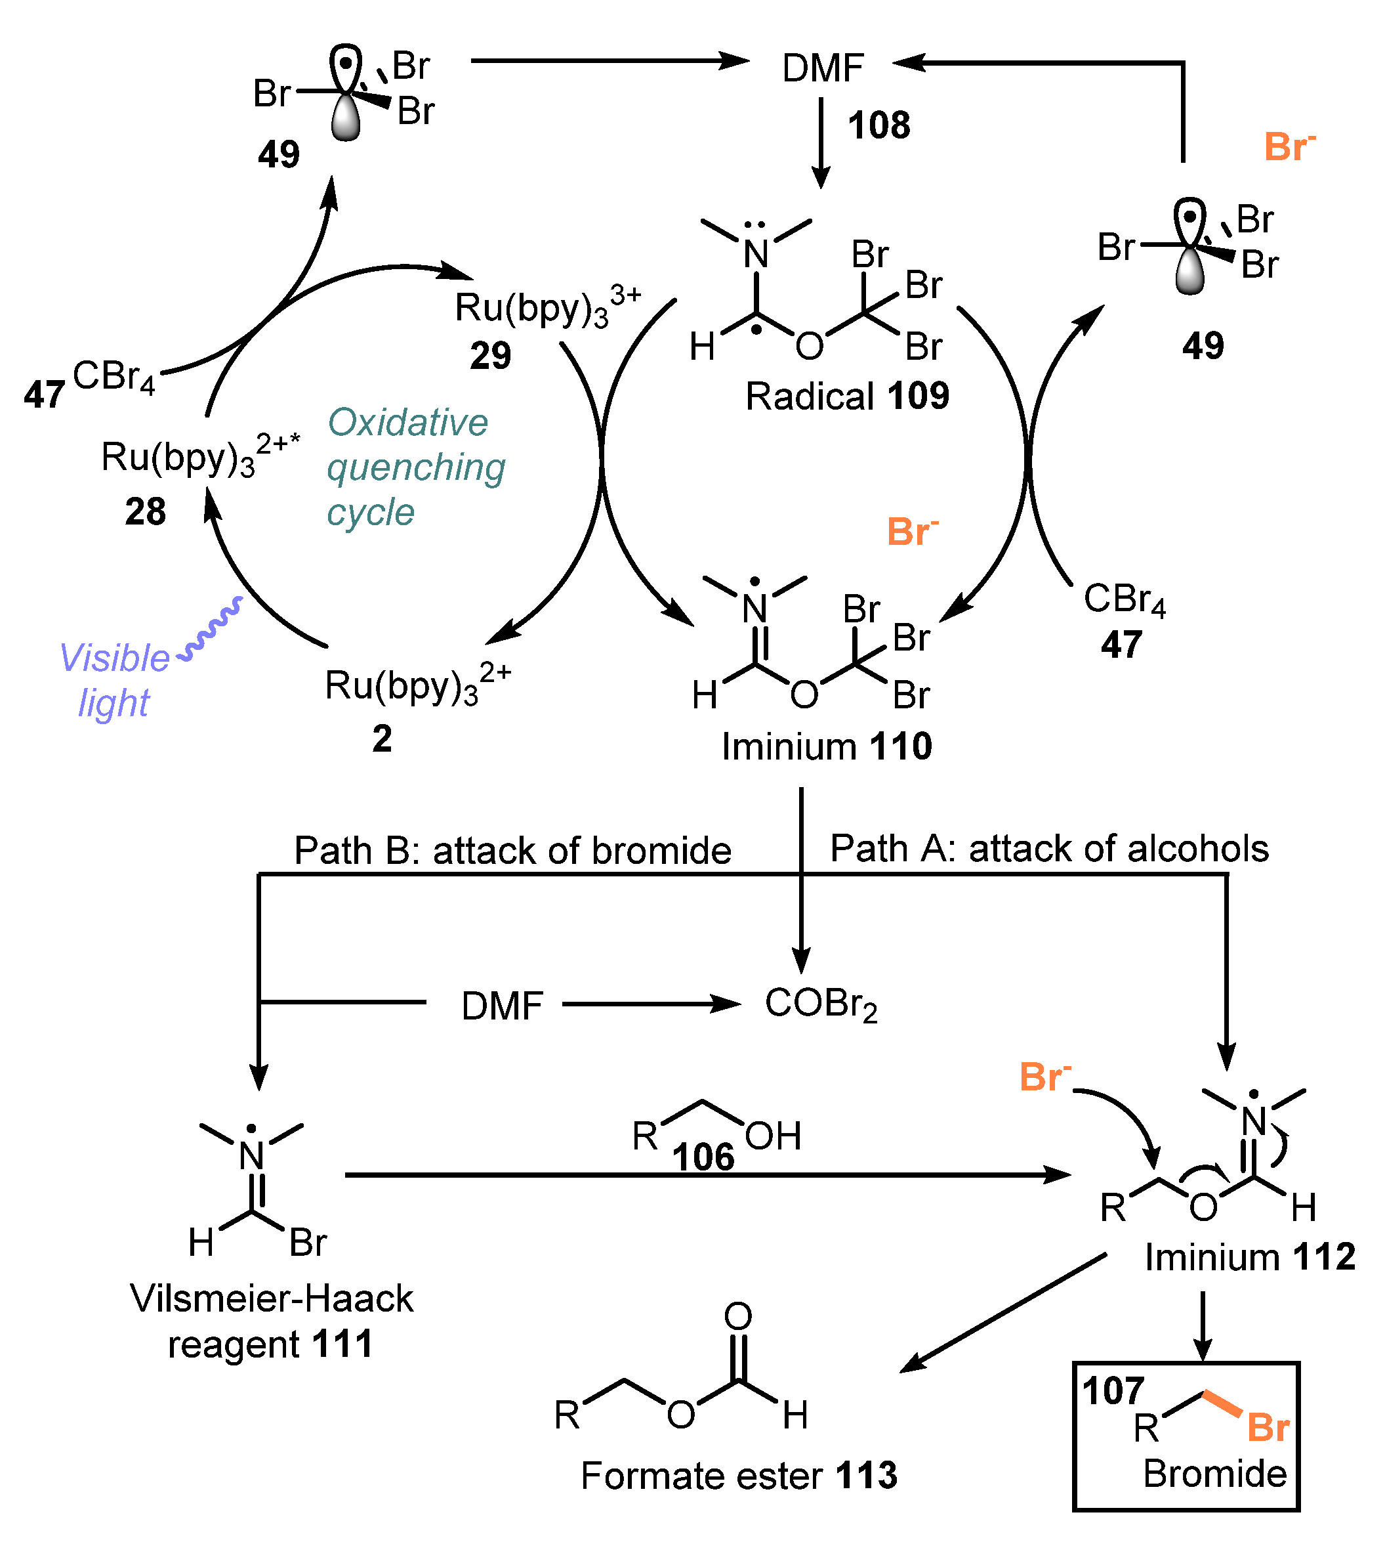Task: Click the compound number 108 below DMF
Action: point(879,125)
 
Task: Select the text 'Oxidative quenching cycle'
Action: point(415,467)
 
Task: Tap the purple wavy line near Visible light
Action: point(211,630)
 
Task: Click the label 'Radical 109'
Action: point(846,396)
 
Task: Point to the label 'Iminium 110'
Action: point(827,746)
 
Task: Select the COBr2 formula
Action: point(820,1004)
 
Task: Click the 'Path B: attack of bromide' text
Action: point(512,849)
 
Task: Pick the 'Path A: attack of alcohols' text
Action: point(1048,847)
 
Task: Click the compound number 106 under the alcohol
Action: point(703,1157)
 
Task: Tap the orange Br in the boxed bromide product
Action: point(1268,1428)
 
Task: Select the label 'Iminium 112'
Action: point(1250,1256)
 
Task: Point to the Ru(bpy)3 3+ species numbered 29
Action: point(547,308)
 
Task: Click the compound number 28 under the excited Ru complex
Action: point(146,511)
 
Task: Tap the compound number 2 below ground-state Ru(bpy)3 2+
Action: point(382,738)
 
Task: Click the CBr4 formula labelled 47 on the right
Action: point(1123,599)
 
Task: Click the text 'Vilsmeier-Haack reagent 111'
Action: point(271,1321)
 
